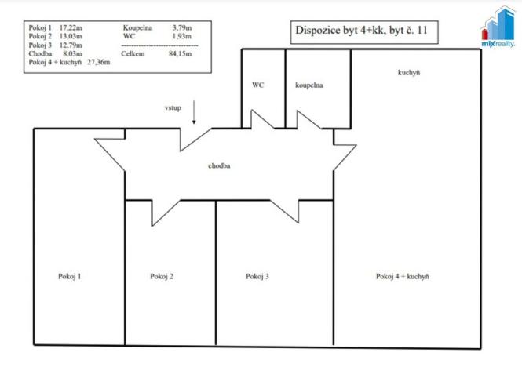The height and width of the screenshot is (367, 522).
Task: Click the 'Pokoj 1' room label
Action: pos(69,276)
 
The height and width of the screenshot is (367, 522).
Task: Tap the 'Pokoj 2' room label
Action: pos(162,276)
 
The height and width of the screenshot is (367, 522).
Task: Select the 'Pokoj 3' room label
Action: pos(257,276)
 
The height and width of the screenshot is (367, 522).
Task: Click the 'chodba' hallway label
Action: pos(218,166)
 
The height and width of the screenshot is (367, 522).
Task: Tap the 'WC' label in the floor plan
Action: pos(257,85)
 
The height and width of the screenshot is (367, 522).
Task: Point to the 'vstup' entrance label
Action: pos(173,107)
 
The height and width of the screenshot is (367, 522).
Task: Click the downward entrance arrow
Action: pos(195,111)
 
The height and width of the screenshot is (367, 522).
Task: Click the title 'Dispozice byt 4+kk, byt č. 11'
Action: pos(362,32)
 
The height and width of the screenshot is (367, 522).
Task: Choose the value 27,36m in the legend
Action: pos(99,62)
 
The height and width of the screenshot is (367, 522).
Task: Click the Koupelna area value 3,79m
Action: pos(184,27)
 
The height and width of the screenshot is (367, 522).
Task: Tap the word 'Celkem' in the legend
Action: pos(135,53)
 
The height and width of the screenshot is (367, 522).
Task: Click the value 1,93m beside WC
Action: pos(184,36)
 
